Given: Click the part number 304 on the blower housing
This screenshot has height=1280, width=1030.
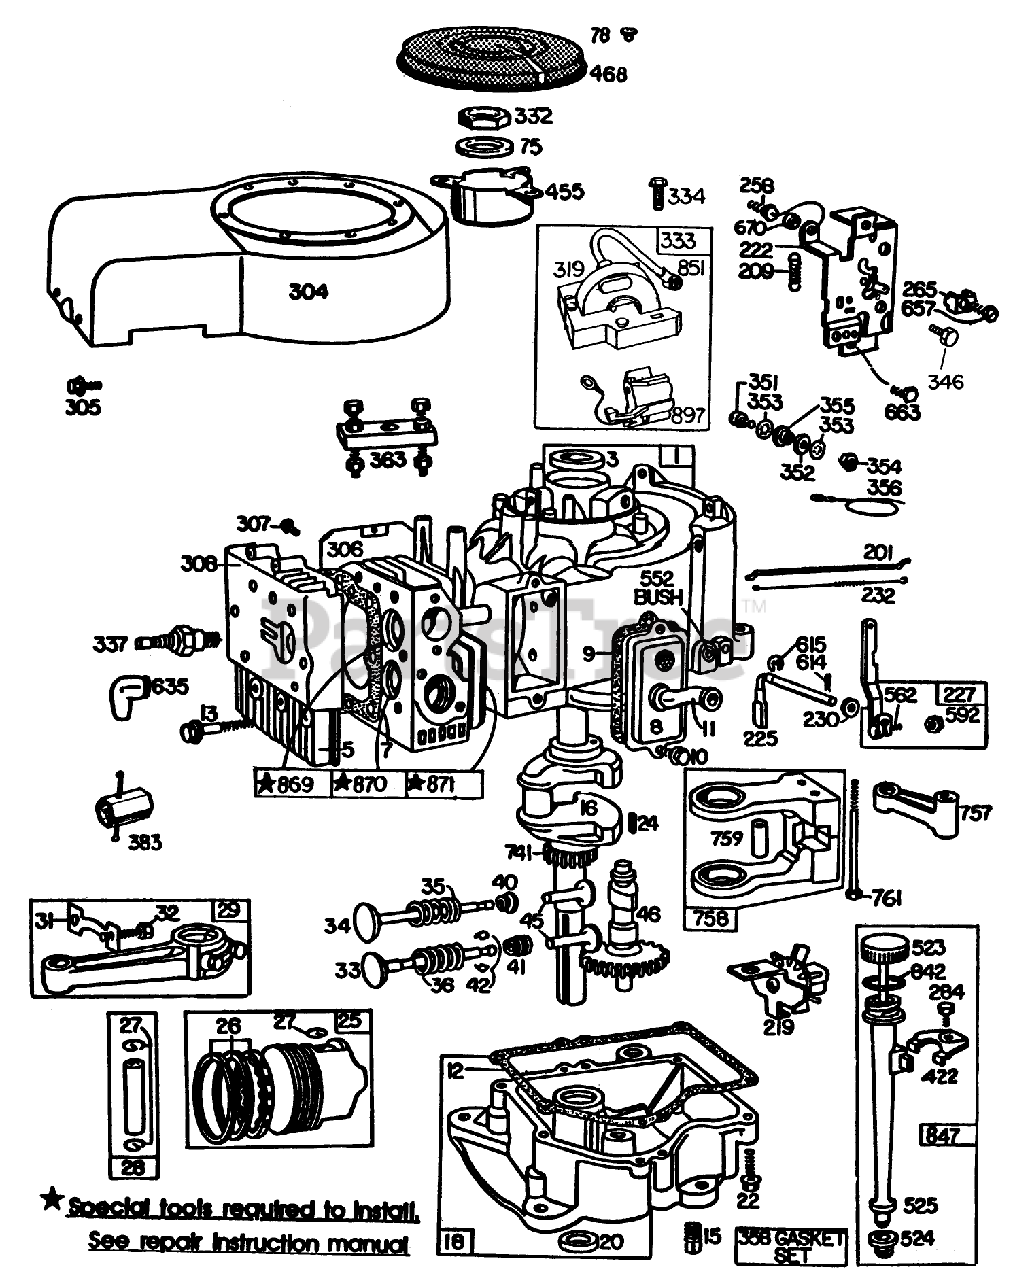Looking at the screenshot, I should coord(308,291).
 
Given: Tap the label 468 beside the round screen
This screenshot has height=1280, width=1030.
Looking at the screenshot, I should coord(608,73).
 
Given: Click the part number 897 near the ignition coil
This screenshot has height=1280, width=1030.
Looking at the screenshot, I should coord(688,414).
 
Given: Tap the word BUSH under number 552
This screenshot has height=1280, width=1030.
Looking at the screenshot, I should coord(658,597).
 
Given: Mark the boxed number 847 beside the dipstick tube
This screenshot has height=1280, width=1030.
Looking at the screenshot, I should coord(943,1135).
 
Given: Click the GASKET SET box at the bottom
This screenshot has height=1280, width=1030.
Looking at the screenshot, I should coord(792,1245).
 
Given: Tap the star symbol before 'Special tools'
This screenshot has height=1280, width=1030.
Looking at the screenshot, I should coord(50,1199).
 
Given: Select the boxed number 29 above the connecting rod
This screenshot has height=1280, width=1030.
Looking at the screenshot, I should coord(229,910).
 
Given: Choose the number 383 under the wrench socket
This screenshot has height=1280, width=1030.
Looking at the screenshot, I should coord(144,843).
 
